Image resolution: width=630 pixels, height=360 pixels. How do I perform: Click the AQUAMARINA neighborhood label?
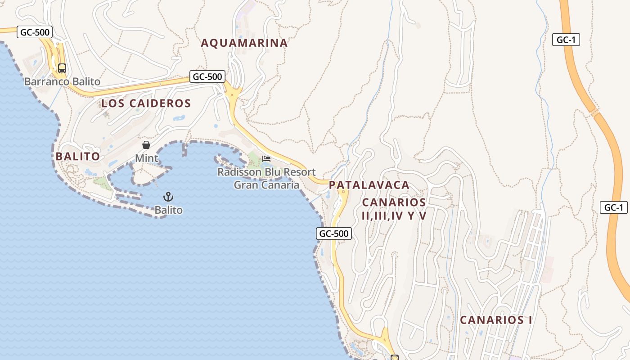tap(244, 43)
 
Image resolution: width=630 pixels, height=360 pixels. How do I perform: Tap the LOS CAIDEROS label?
tap(146, 103)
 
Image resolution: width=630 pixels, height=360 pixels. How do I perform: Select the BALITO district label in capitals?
tap(77, 157)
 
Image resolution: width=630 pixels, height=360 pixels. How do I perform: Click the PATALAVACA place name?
tap(369, 185)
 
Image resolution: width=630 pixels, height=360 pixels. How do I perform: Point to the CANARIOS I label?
tap(496, 320)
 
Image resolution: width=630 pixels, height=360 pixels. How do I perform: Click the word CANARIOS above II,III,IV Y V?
tap(394, 202)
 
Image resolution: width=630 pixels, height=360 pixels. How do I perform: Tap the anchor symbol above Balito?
tap(168, 197)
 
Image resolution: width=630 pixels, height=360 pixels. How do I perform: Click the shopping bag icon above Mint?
tap(146, 145)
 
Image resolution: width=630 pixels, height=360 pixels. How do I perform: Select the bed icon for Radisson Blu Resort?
tap(266, 159)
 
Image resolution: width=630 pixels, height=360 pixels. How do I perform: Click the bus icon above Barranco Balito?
tap(62, 68)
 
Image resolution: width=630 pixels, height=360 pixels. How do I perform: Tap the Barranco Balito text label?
tap(62, 82)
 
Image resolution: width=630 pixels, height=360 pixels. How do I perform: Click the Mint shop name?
tap(147, 158)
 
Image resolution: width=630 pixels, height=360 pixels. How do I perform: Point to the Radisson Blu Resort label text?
tap(266, 172)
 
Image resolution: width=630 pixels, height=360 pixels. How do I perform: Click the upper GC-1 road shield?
tap(566, 40)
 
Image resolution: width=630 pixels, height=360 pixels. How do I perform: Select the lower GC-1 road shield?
tap(613, 207)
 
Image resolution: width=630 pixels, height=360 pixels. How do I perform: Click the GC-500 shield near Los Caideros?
tap(207, 76)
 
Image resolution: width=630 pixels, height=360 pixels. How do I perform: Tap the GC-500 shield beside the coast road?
tap(333, 234)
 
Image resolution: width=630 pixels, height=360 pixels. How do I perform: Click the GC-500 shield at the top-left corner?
tap(35, 32)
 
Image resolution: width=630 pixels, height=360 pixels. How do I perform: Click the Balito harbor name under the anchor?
tap(169, 210)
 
